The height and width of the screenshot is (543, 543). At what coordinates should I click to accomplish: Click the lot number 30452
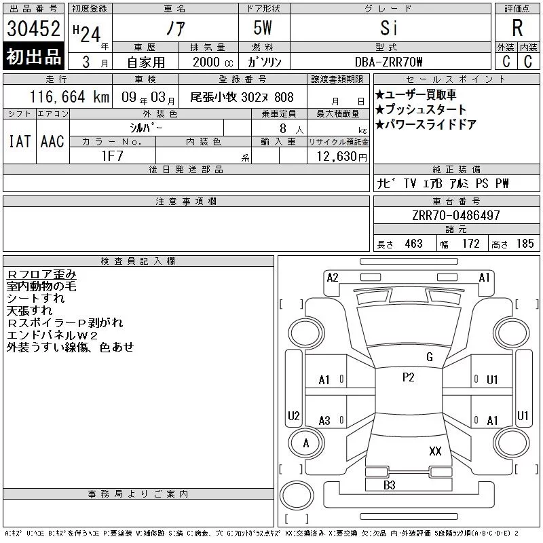click(33, 29)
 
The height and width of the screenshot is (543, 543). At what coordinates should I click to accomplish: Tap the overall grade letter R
click(517, 28)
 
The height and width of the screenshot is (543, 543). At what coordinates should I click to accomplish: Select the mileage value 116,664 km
click(70, 96)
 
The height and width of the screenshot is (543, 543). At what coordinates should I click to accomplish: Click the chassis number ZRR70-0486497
click(456, 215)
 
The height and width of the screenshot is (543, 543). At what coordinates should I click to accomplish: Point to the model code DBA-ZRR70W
click(388, 62)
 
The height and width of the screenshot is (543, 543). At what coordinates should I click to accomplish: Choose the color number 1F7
click(113, 156)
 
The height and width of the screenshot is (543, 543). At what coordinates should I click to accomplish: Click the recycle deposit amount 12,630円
click(342, 157)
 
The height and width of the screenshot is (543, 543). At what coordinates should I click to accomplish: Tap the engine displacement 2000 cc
click(213, 62)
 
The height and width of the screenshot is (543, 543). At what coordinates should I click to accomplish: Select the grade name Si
click(389, 28)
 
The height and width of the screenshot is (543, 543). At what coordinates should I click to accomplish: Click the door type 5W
click(263, 28)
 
